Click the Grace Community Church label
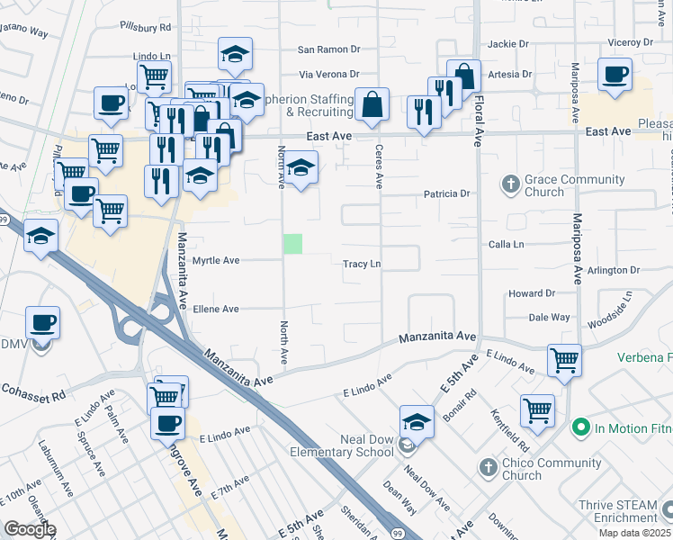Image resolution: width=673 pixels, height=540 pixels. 543,185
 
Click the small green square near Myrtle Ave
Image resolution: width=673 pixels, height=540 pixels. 292,243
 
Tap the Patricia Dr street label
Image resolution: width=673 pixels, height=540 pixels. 447,193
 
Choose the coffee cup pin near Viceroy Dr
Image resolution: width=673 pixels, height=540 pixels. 615,76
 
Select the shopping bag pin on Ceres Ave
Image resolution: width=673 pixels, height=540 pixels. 372,106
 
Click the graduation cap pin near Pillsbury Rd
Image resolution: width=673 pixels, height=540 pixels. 235,56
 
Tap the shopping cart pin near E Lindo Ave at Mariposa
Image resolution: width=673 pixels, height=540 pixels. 564,361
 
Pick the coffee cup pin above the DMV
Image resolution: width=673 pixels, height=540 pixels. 42,322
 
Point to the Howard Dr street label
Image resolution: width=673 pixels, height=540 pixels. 531,293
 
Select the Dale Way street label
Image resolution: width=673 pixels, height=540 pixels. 549,317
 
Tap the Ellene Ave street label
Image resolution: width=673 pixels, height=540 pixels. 216,309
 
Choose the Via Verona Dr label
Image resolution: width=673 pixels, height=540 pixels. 328,75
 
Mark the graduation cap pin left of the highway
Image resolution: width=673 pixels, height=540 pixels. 41,237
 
